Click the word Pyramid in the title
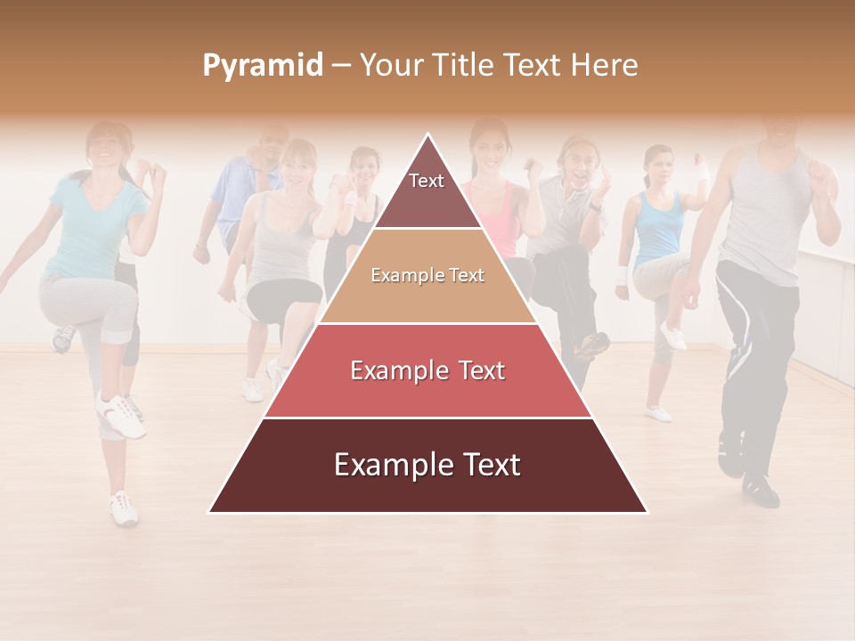tap(263, 65)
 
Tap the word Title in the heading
tap(460, 65)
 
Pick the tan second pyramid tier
tap(427, 276)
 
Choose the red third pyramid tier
tap(427, 370)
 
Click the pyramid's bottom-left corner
tap(210, 512)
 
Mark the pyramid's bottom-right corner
tap(646, 512)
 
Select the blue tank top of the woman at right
tap(659, 227)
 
